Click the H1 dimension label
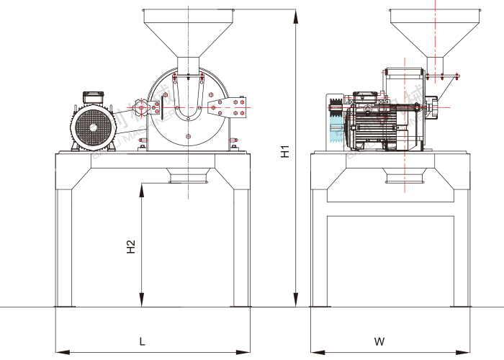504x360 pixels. coord(286,152)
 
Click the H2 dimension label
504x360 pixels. coord(131,247)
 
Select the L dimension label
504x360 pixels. coord(142,340)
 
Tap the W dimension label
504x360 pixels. coord(380,340)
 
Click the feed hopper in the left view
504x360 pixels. coord(188,32)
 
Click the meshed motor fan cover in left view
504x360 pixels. coord(94,127)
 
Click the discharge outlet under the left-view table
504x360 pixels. coord(188,175)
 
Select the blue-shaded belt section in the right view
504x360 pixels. coord(336,133)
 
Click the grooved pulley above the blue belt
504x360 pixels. coord(335,109)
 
